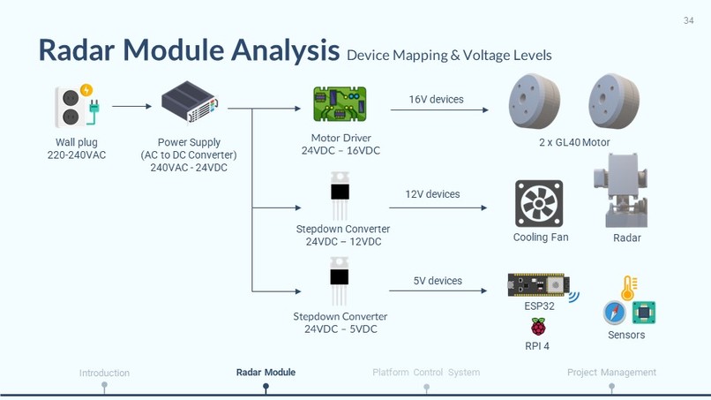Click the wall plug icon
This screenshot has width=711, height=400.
coord(76,106)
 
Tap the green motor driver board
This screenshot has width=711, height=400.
coord(340,105)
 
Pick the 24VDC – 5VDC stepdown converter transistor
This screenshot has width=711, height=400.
coord(340,282)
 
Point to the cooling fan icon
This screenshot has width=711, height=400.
coord(539,204)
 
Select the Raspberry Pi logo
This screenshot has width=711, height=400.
coord(537,327)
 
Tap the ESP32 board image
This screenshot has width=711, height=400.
coord(539,285)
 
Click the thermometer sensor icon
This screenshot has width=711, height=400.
coord(628,288)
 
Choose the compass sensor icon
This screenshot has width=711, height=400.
coord(615,313)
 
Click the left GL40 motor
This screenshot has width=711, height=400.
coord(535,102)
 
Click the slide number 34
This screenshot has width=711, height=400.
coord(688,21)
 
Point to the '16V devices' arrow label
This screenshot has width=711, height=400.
coord(436,100)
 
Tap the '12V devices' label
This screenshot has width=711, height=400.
coord(432,194)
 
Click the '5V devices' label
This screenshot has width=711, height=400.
coord(438,281)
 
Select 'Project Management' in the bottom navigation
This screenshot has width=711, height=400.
coord(611,373)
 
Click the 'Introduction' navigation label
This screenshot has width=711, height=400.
coord(104,373)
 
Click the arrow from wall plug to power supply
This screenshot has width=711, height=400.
coord(131,107)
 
